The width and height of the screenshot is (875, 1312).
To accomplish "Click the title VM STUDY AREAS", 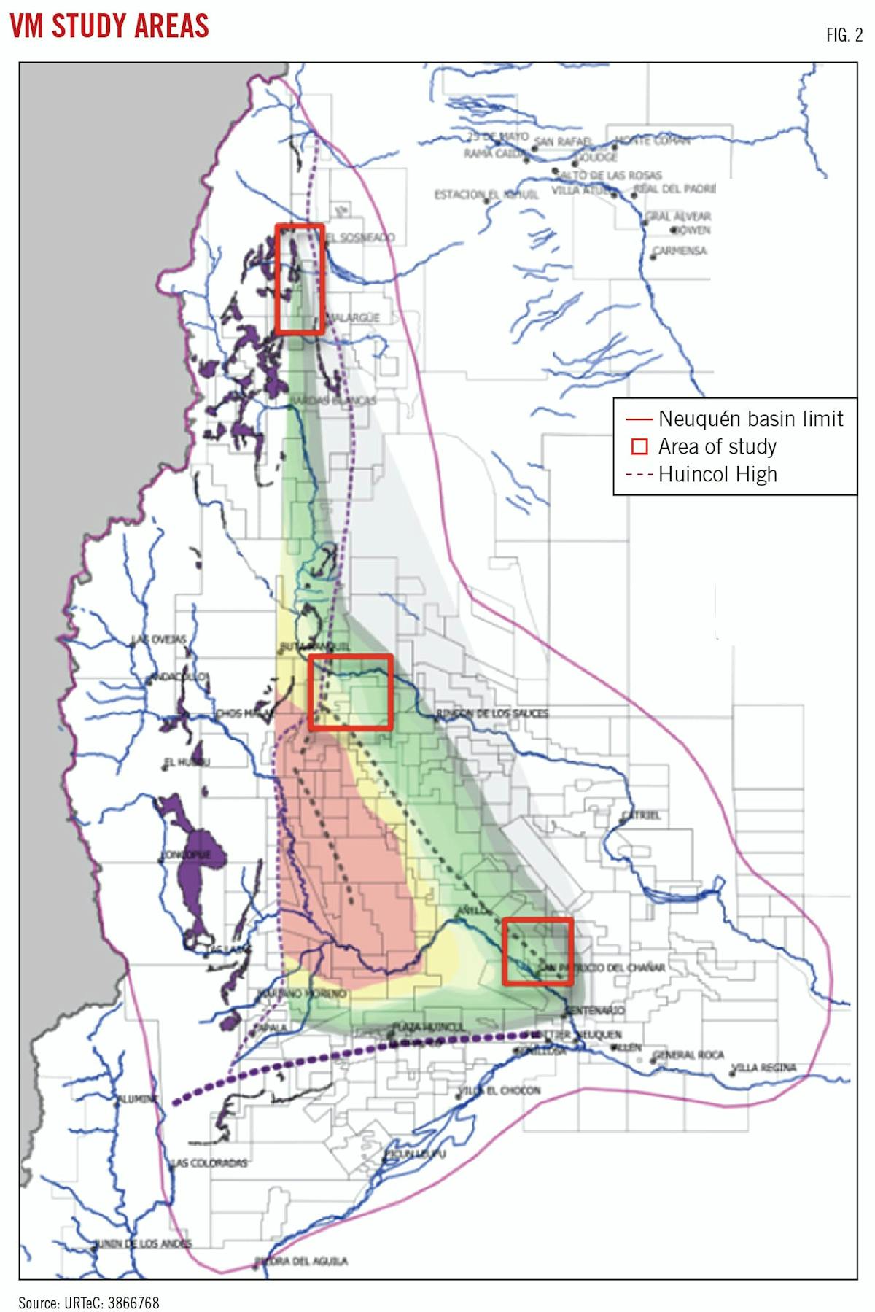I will pos(109,26).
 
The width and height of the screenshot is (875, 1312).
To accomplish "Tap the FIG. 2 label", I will pos(844,35).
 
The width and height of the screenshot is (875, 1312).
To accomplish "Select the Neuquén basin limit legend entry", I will pos(735,419).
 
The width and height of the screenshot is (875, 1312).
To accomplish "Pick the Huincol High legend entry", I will pos(701,474).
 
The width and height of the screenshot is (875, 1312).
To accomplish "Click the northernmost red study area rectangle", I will pos(300,279).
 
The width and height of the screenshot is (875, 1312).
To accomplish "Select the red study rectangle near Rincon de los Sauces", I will pos(351,692).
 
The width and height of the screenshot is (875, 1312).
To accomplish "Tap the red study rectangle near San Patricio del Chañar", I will pos(538,952).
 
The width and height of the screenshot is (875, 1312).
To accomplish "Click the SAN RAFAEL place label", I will pos(563,141).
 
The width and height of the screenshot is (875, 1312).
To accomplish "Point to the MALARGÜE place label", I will pos(354,318).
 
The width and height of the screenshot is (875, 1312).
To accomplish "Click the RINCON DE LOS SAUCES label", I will pos(493,713).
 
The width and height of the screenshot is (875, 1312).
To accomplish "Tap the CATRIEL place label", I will pos(642,815).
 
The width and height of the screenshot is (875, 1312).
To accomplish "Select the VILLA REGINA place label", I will pos(764,1068).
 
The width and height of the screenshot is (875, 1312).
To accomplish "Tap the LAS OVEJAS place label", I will pos(159,639).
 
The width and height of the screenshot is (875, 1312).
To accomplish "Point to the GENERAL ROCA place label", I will pos(688,1055).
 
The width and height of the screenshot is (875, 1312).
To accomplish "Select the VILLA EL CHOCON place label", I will pos(500,1090).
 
